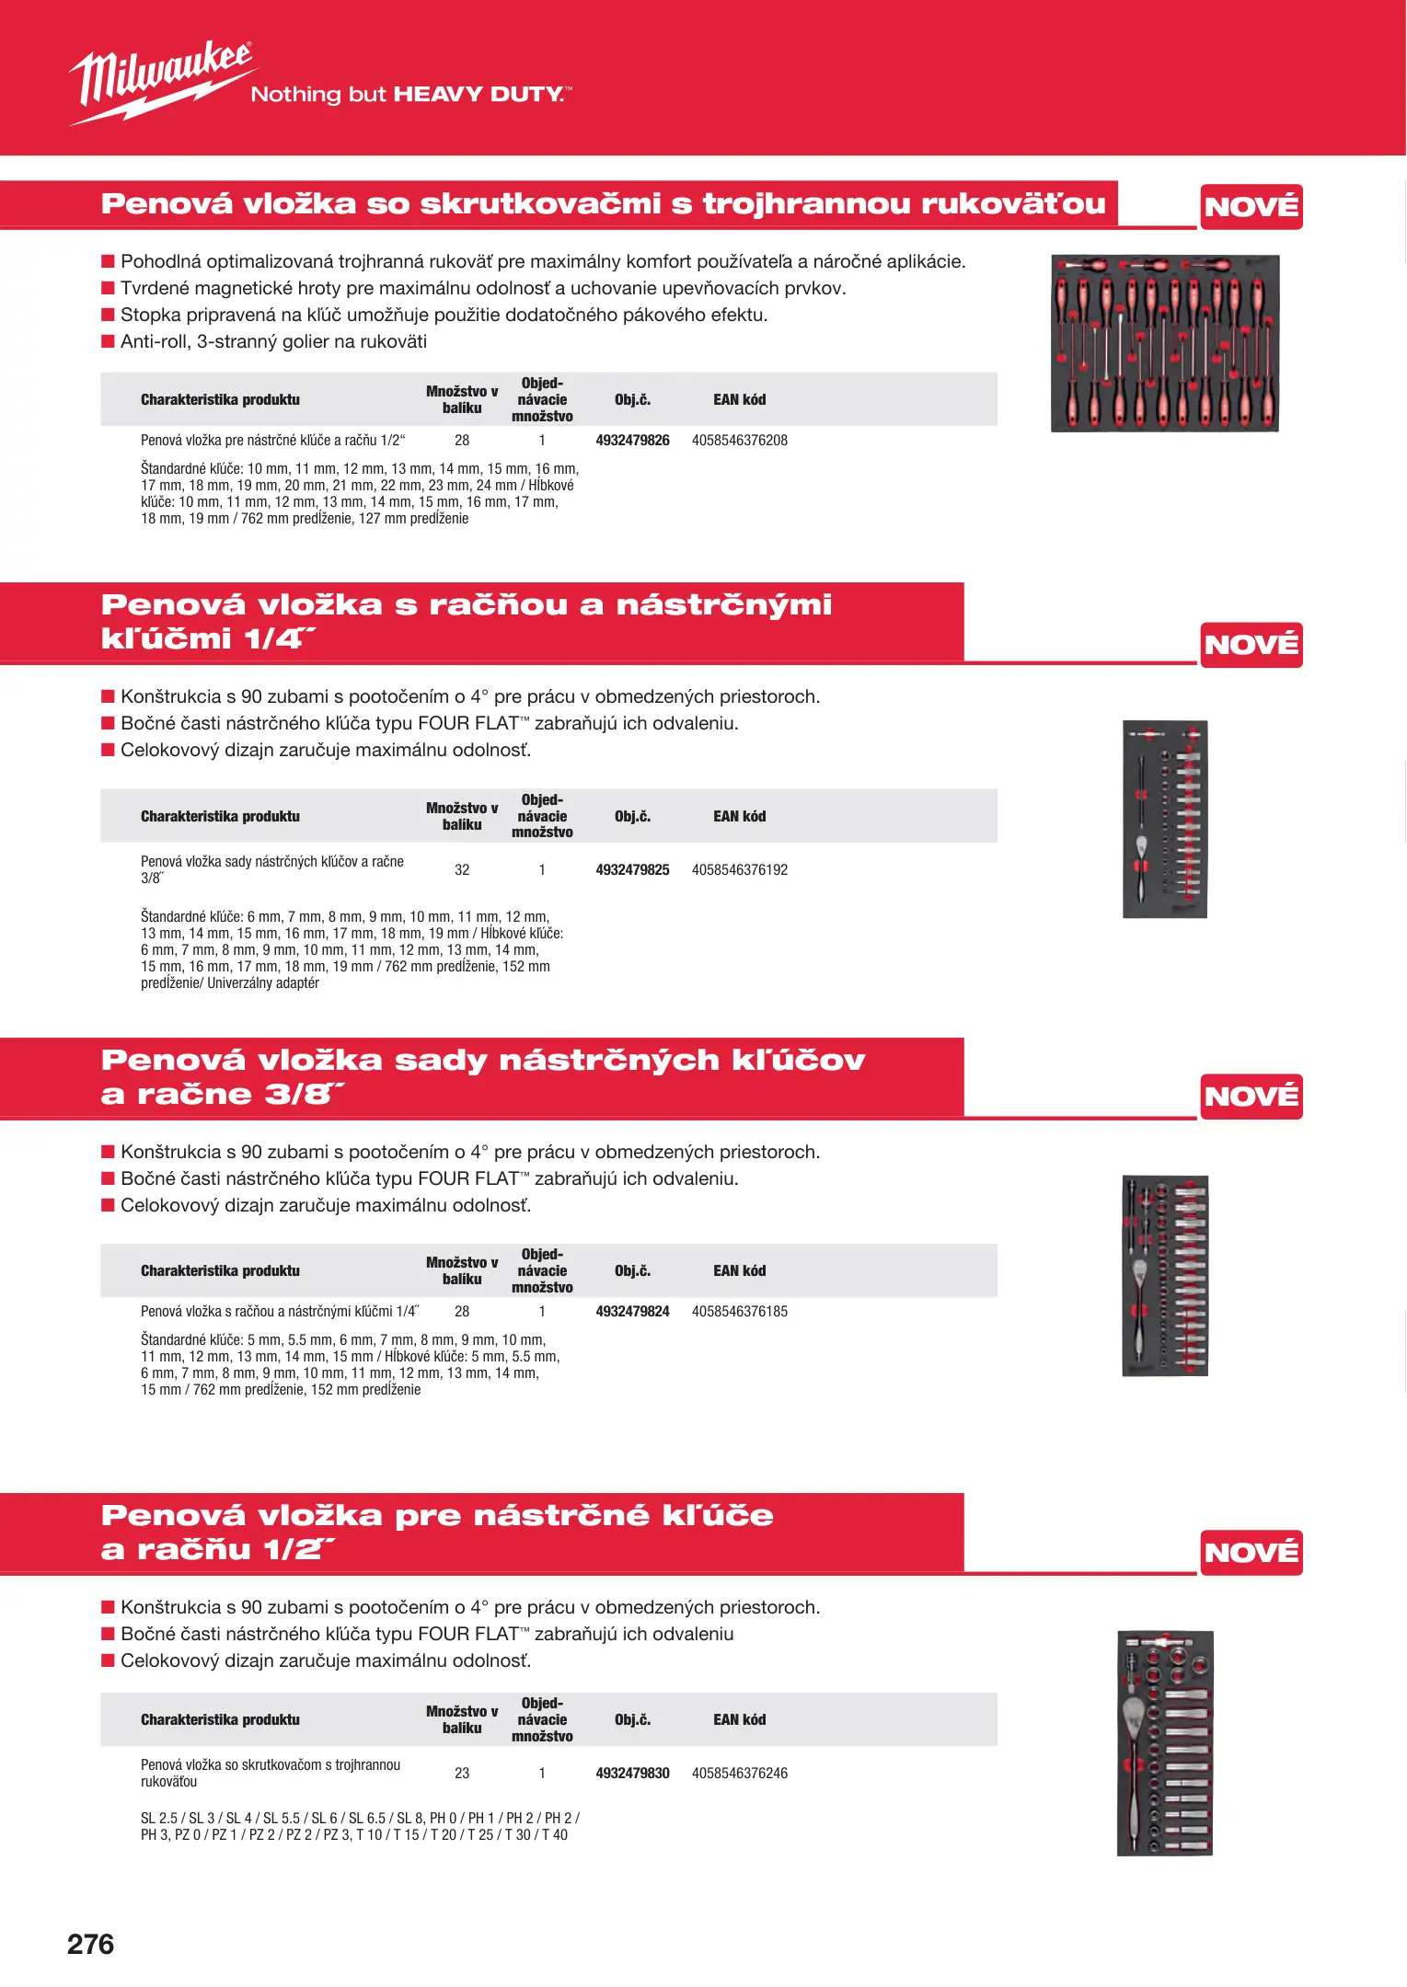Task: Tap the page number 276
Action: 90,1944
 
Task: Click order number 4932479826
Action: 632,441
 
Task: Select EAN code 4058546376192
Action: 739,870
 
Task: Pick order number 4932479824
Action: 632,1312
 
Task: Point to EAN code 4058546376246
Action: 739,1774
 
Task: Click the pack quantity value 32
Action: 462,870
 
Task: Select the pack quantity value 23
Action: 462,1774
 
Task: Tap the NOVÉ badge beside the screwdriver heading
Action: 1251,207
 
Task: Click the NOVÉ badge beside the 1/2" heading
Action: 1251,1553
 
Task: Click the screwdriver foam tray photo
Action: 1165,343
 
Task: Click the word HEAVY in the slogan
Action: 438,95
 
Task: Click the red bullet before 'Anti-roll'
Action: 108,342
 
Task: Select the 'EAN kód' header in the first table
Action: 739,400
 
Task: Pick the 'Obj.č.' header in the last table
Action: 632,1720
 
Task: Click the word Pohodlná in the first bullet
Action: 161,262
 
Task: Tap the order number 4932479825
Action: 632,870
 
